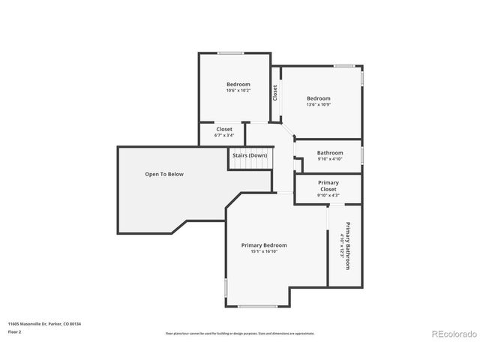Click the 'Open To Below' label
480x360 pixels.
163,174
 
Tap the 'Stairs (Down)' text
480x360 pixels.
249,155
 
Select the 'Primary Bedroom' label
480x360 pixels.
263,245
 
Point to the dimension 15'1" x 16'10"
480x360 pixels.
263,253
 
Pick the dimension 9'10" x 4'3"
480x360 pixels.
328,196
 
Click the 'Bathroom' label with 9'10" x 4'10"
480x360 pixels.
329,152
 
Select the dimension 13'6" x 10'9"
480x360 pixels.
318,105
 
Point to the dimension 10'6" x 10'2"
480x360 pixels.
238,91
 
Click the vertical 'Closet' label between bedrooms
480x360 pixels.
275,92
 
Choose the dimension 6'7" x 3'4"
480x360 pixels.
224,136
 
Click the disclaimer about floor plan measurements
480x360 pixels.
240,333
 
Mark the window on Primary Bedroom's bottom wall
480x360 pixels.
258,306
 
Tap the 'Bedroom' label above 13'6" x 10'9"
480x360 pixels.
318,98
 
